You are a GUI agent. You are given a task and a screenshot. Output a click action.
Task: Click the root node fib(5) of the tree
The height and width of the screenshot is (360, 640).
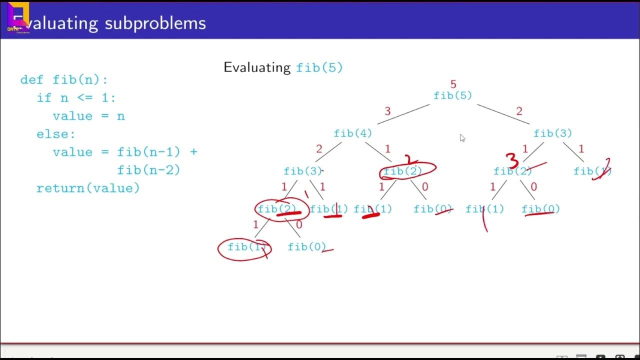(x=452, y=95)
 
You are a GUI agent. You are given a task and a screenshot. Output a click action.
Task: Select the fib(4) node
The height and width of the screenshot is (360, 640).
(x=353, y=133)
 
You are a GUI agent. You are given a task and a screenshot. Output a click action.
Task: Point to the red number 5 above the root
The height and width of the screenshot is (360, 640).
(x=453, y=84)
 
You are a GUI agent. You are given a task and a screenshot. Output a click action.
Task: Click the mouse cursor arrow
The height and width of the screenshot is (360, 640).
(x=462, y=137)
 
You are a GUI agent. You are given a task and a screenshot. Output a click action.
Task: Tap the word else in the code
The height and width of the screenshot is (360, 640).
(x=55, y=134)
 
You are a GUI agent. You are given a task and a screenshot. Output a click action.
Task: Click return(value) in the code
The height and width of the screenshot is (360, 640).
(x=88, y=188)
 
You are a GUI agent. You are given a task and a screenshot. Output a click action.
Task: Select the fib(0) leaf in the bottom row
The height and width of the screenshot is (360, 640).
(x=306, y=247)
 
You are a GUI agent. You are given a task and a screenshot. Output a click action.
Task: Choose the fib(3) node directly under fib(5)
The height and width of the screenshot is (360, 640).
(x=552, y=133)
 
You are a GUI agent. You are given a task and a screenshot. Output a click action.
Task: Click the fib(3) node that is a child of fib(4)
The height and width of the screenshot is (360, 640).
(x=302, y=171)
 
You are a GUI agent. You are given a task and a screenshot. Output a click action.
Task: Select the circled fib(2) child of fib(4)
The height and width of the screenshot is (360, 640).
(x=403, y=171)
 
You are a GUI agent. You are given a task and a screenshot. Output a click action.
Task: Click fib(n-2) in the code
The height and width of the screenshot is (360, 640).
(x=148, y=170)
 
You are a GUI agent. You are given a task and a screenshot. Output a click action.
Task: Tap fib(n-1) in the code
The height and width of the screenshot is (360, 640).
(x=148, y=152)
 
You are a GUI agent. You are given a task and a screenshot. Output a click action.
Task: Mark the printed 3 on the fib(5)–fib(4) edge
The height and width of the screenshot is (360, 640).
(x=387, y=110)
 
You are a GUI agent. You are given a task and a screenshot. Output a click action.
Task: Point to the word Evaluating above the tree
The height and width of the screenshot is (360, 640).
(x=257, y=67)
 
